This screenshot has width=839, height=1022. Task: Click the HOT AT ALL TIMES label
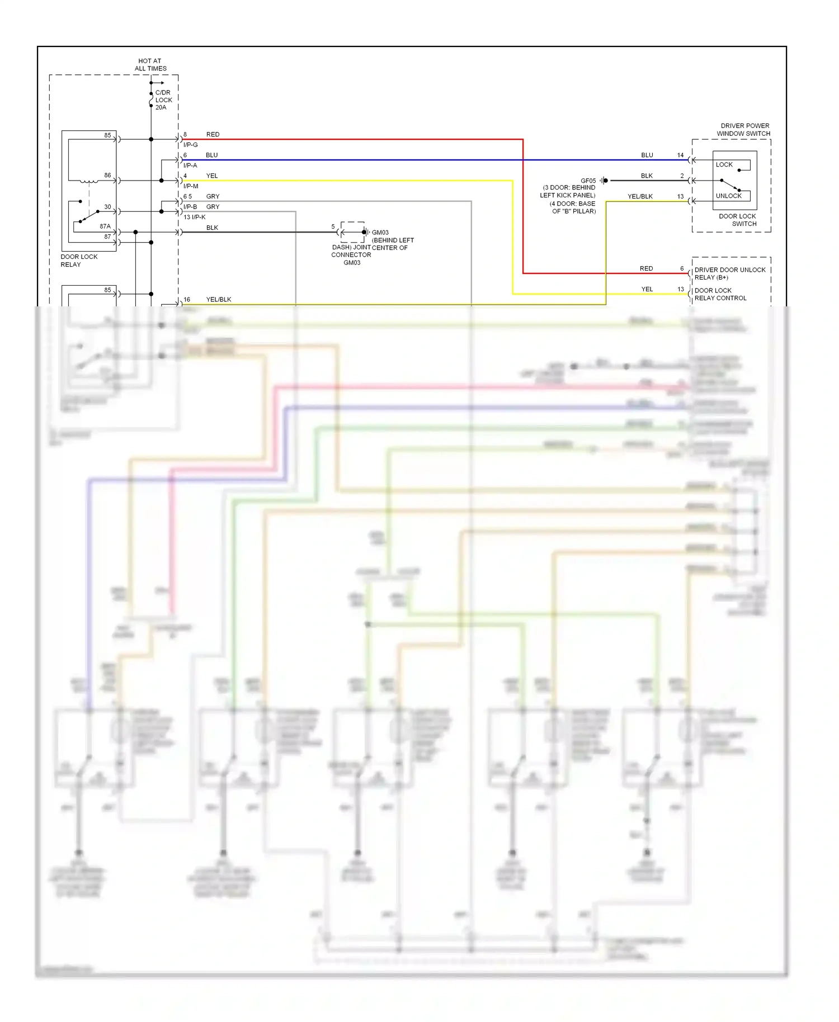(x=150, y=65)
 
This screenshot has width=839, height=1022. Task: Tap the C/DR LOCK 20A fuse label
(x=163, y=100)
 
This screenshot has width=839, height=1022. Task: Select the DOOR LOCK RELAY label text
(x=79, y=261)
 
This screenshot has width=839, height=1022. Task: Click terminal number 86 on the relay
(x=107, y=176)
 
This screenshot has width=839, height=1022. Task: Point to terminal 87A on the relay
(x=105, y=226)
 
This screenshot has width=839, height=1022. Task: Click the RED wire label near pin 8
(x=213, y=135)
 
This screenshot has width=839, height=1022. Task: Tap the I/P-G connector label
(x=190, y=145)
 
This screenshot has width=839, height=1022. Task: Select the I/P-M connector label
(x=190, y=186)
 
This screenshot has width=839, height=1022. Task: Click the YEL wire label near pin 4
(x=212, y=176)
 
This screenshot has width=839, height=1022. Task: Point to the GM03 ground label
(x=380, y=233)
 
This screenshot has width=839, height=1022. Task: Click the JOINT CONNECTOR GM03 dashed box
(x=352, y=232)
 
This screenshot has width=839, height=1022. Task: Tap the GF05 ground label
(x=588, y=181)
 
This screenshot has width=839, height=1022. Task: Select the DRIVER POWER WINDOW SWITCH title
(x=744, y=130)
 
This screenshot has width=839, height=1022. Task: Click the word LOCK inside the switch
(x=724, y=165)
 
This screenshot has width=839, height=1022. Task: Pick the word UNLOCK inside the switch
(x=728, y=196)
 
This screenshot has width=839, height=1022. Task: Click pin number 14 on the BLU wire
(x=680, y=155)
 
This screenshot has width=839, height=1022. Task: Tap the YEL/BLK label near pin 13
(x=640, y=197)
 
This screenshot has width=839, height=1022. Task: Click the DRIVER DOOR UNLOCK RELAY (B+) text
(x=729, y=273)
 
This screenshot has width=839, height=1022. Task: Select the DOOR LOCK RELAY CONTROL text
(x=720, y=294)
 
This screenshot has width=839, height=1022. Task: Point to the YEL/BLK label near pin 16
(x=218, y=300)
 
